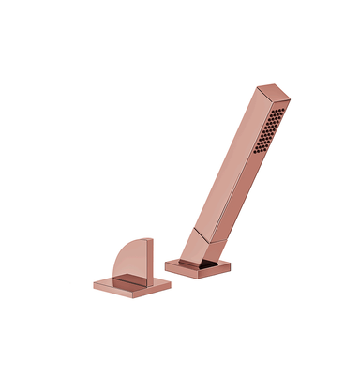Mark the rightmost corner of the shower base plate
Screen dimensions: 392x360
point(230,265)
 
